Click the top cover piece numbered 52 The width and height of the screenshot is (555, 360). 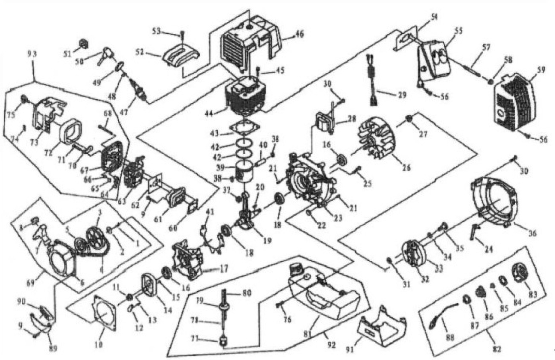tap(181, 56)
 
